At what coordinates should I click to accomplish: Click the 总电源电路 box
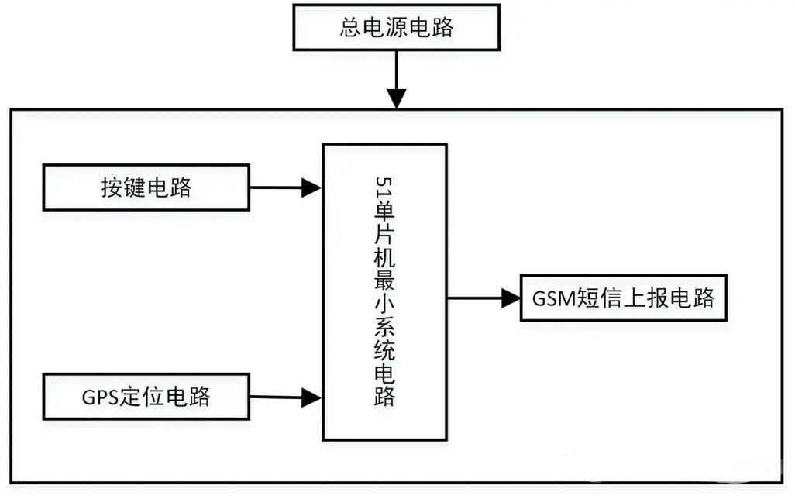[x=396, y=28]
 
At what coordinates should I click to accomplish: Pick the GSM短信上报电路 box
[x=624, y=298]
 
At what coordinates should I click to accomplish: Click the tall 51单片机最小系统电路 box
[x=384, y=291]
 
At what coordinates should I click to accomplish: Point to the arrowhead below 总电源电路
[x=396, y=98]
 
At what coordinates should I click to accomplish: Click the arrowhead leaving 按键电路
[x=312, y=187]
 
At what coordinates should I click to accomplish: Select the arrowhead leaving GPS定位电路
[x=312, y=397]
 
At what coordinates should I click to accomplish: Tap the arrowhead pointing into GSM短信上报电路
[x=510, y=298]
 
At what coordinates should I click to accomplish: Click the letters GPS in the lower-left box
[x=98, y=397]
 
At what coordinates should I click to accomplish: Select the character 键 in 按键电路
[x=134, y=187]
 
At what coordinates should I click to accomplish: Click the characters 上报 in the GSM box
[x=646, y=298]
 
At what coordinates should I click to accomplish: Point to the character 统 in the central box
[x=385, y=351]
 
